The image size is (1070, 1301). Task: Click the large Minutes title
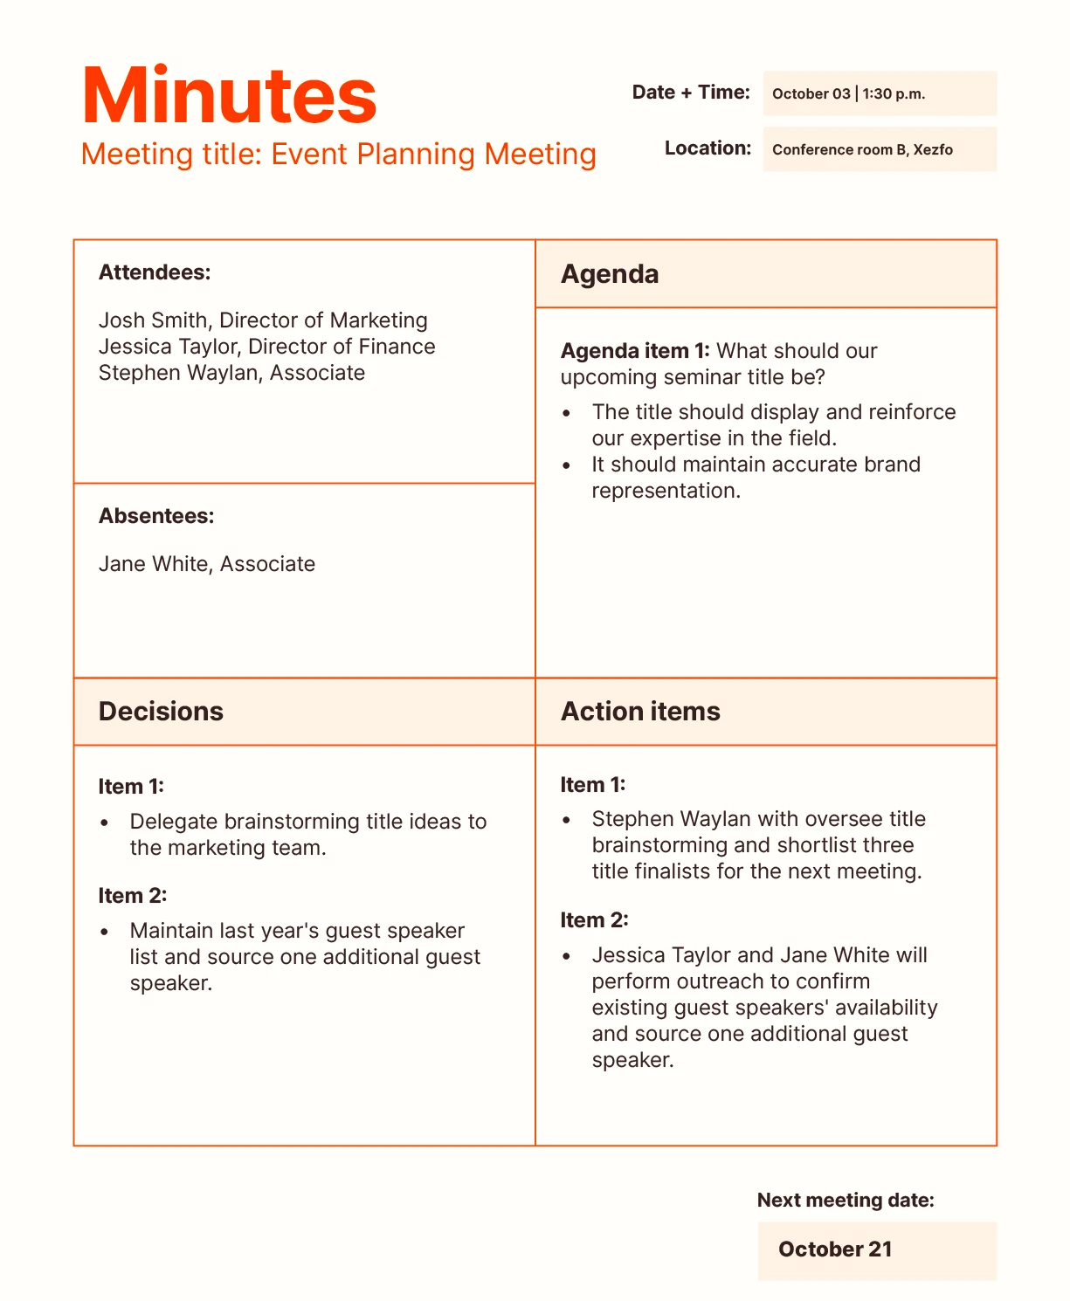click(x=229, y=96)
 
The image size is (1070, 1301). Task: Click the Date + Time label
click(x=691, y=93)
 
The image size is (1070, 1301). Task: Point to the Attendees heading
click(x=155, y=272)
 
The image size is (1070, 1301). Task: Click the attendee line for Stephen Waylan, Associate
click(x=231, y=373)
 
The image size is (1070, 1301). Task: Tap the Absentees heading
click(x=156, y=516)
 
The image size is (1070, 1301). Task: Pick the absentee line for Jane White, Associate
click(x=206, y=564)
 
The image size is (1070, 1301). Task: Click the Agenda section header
click(x=610, y=274)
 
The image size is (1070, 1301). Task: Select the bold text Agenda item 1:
click(x=635, y=351)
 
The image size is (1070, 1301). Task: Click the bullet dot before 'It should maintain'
click(x=567, y=465)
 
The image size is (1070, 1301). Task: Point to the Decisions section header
click(x=161, y=712)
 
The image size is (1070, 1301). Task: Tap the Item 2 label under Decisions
click(x=132, y=896)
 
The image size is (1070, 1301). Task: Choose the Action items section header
click(x=640, y=712)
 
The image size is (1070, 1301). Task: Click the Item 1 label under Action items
click(x=593, y=785)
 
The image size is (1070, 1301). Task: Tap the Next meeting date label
click(x=846, y=1201)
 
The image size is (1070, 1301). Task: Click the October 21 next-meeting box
click(x=876, y=1250)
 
